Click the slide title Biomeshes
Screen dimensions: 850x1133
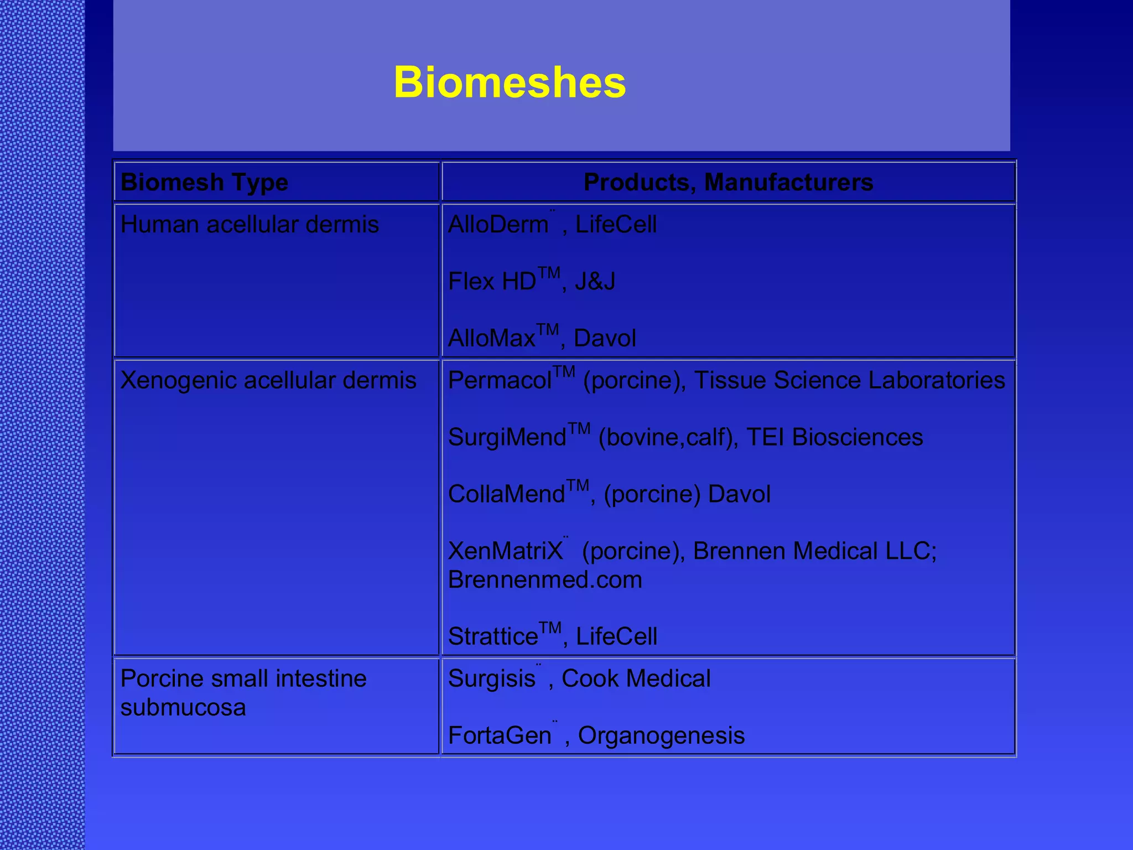[510, 82]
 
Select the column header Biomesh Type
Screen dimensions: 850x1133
[204, 182]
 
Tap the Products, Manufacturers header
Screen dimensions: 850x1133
[728, 182]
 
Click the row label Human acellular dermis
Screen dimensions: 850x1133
[250, 225]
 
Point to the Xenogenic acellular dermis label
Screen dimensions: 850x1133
[268, 380]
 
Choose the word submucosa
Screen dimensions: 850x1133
[183, 707]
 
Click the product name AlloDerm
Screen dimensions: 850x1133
[498, 225]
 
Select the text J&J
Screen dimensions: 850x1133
[595, 282]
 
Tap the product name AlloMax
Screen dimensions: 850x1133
[491, 339]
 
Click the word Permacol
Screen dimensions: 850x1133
[500, 381]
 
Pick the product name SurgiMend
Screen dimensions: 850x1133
[507, 438]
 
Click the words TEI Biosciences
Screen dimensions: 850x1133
[834, 437]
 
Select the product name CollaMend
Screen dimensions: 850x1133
[506, 495]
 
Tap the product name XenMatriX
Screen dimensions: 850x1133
[505, 551]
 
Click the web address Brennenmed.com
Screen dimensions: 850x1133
[545, 580]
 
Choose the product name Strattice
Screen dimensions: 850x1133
[493, 637]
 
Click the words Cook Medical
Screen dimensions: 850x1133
[636, 678]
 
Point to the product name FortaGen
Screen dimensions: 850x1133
[499, 736]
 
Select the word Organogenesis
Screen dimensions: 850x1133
[661, 736]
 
